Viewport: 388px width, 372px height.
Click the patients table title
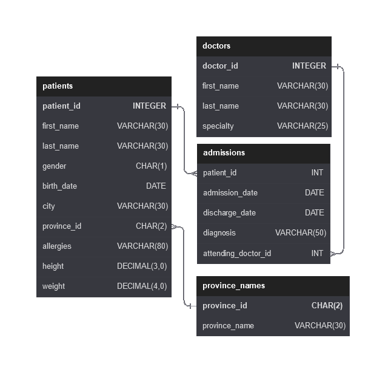[x=58, y=86]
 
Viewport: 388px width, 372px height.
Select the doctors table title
[x=216, y=46]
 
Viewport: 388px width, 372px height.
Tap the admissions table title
[x=224, y=153]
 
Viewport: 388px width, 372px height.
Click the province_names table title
[x=233, y=286]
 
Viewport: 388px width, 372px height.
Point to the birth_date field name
[x=59, y=186]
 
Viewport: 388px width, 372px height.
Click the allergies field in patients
[x=56, y=246]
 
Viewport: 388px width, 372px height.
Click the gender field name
[x=54, y=166]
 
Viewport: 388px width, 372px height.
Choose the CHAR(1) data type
[x=151, y=166]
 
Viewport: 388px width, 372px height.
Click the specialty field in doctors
[x=218, y=126]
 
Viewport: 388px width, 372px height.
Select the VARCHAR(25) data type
[x=303, y=126]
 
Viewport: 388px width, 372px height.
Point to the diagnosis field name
[x=219, y=233]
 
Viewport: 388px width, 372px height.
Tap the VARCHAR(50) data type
[x=301, y=233]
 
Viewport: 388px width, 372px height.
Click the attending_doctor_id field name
[x=237, y=254]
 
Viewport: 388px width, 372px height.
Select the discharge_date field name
[x=229, y=213]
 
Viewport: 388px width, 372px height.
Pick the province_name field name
[x=228, y=326]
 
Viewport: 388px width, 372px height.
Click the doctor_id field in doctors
[x=220, y=66]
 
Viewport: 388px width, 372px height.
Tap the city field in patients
[x=48, y=206]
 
